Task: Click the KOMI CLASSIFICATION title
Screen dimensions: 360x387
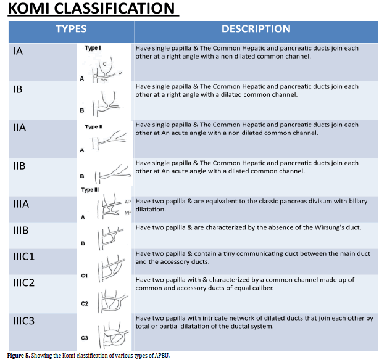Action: [91, 10]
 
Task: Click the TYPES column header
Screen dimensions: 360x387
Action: [71, 29]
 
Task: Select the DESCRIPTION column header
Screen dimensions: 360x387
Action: [256, 29]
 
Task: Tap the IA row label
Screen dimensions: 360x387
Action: [19, 52]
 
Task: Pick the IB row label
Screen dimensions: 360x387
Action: [18, 89]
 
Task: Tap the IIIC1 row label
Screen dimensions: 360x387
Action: [26, 256]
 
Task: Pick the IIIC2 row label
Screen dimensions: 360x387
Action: [26, 284]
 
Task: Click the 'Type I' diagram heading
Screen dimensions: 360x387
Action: [92, 48]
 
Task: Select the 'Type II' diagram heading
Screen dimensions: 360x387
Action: [93, 126]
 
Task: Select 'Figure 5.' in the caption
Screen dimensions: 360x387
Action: [20, 356]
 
